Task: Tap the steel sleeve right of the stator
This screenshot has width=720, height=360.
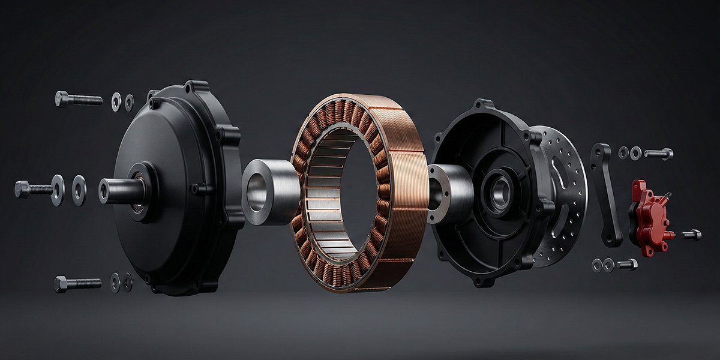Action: (x=450, y=192)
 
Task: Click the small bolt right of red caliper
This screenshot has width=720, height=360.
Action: (x=692, y=235)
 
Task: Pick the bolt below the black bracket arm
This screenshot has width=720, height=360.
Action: (x=627, y=264)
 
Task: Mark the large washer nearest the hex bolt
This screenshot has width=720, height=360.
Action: (x=58, y=190)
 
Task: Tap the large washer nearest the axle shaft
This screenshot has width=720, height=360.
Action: (x=79, y=190)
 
